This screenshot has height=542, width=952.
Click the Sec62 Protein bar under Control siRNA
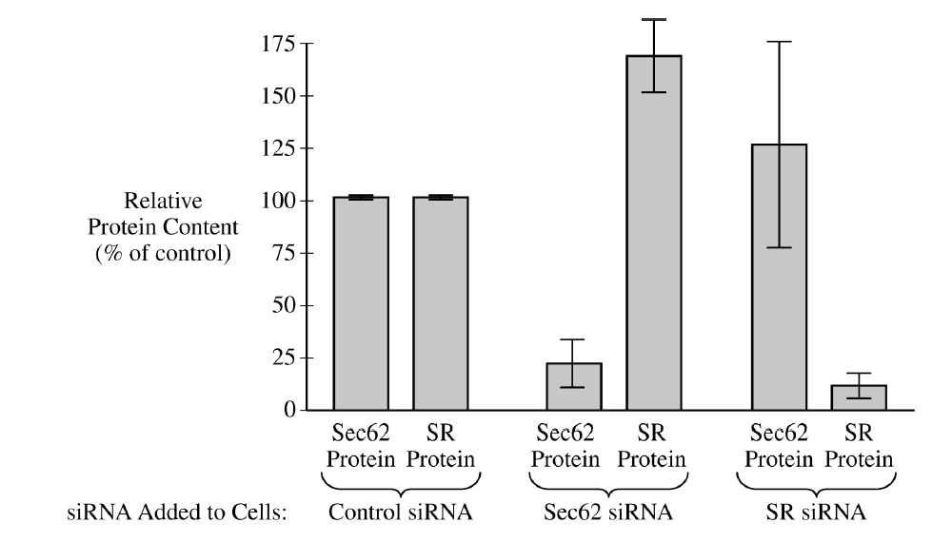point(361,303)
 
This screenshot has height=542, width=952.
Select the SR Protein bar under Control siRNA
point(440,303)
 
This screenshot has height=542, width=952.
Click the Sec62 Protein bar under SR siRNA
point(779,277)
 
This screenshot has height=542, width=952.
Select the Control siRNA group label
point(400,513)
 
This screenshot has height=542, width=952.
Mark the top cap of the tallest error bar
point(654,20)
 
